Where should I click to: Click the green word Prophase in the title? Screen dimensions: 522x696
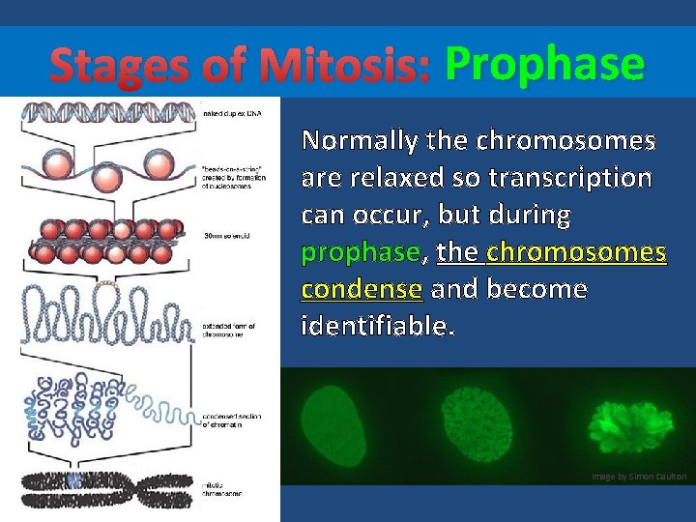coord(543,66)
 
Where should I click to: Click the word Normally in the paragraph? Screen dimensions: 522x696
coord(360,141)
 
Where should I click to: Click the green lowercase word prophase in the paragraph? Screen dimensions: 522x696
coord(360,253)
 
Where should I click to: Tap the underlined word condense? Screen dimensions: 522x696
coord(362,289)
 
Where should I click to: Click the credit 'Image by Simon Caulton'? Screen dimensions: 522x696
coord(640,477)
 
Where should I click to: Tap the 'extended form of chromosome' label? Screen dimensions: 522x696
coord(231,332)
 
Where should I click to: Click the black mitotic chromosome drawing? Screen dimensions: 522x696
coord(106,481)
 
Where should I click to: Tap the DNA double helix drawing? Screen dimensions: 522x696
coord(110,113)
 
